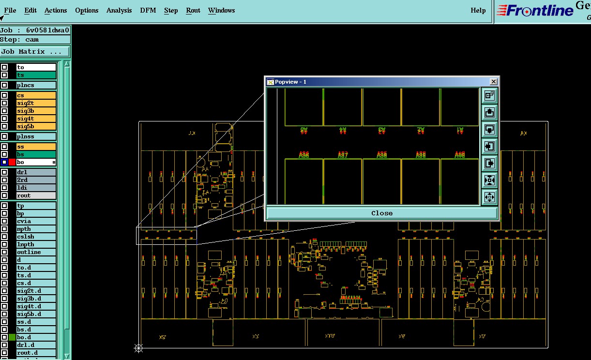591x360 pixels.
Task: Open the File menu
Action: pos(10,10)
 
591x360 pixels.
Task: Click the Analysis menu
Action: pos(119,10)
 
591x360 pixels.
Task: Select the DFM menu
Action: pos(148,10)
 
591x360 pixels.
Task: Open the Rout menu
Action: pos(193,10)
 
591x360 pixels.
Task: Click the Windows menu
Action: pos(222,10)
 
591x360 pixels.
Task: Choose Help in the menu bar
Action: pos(478,10)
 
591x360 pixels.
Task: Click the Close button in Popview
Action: pos(382,213)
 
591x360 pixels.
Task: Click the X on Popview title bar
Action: pos(493,82)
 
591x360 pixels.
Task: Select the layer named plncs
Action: pos(36,85)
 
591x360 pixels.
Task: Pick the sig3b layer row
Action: pos(36,111)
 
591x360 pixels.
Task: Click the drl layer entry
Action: pos(36,172)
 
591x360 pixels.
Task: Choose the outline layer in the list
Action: pos(36,252)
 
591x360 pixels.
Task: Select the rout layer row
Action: pos(36,195)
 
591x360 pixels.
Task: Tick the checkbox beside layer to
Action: pos(4,67)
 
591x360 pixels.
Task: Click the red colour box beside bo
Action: pos(12,162)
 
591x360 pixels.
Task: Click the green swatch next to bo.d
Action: pos(12,337)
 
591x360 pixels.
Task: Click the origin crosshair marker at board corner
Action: pos(139,348)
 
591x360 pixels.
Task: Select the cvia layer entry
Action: pos(36,221)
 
